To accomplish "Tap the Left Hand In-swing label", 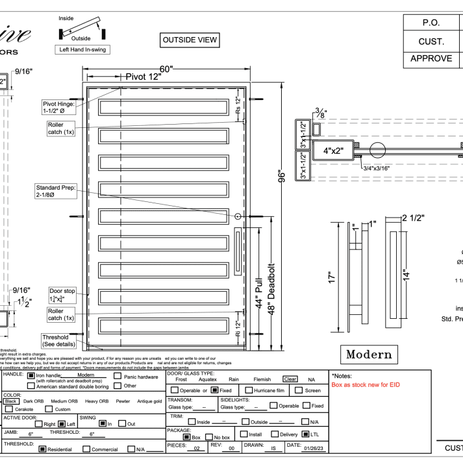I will tap(82, 49).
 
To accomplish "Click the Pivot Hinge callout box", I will tap(58, 107).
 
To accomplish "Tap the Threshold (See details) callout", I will tap(60, 341).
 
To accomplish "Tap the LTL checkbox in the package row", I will tap(305, 434).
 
